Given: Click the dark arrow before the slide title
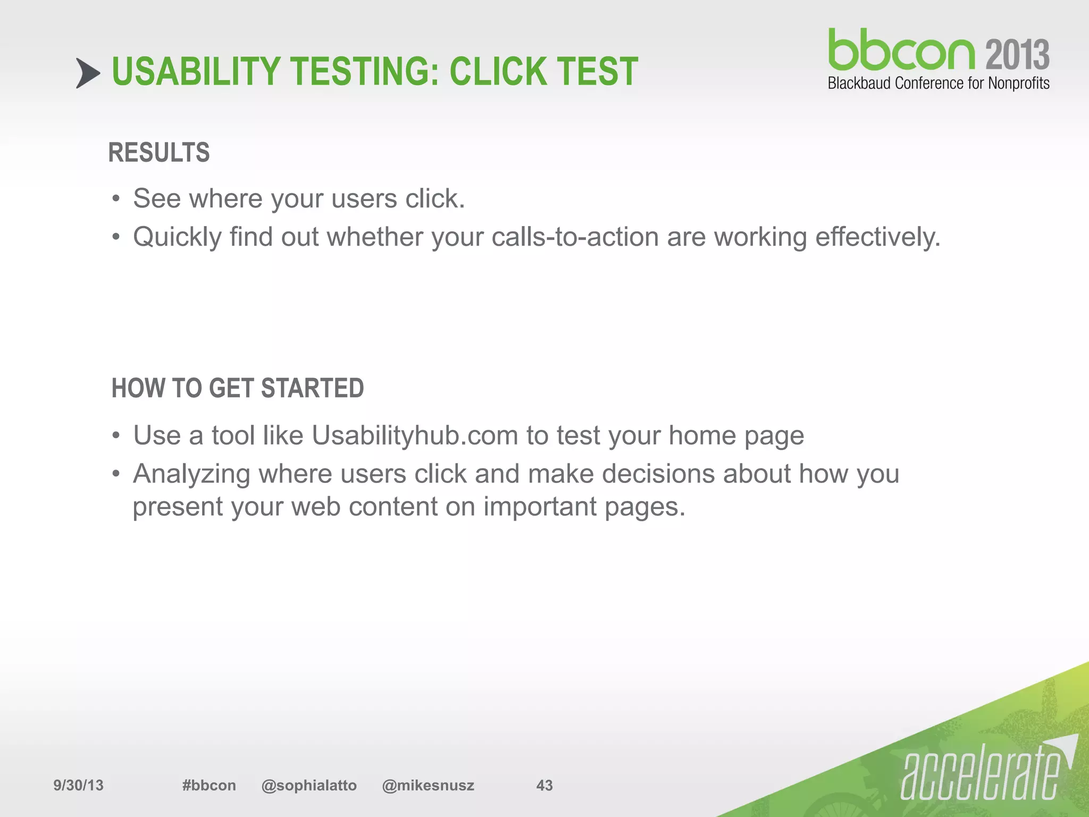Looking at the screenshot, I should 88,73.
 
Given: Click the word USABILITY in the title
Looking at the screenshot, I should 196,72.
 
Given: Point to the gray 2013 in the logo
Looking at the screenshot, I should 1017,55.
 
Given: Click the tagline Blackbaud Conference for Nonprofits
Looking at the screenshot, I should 939,84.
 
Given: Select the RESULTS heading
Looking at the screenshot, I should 159,153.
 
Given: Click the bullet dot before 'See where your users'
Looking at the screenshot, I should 116,200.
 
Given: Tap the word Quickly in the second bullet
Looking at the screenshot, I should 177,237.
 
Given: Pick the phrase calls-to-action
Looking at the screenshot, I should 575,237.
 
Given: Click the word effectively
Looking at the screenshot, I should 878,237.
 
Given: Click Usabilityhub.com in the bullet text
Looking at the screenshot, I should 415,436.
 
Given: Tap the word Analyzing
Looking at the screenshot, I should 191,474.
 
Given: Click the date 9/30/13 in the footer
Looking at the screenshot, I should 78,785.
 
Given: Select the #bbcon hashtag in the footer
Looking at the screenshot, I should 209,785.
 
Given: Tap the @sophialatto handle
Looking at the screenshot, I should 309,785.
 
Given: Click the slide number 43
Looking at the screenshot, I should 544,785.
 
